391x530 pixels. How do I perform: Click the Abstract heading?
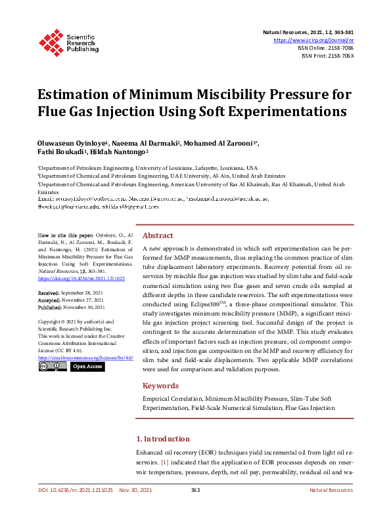[158, 235]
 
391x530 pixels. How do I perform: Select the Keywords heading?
[161, 386]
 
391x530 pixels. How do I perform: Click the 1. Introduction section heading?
[167, 439]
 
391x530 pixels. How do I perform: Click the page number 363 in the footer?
[195, 490]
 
